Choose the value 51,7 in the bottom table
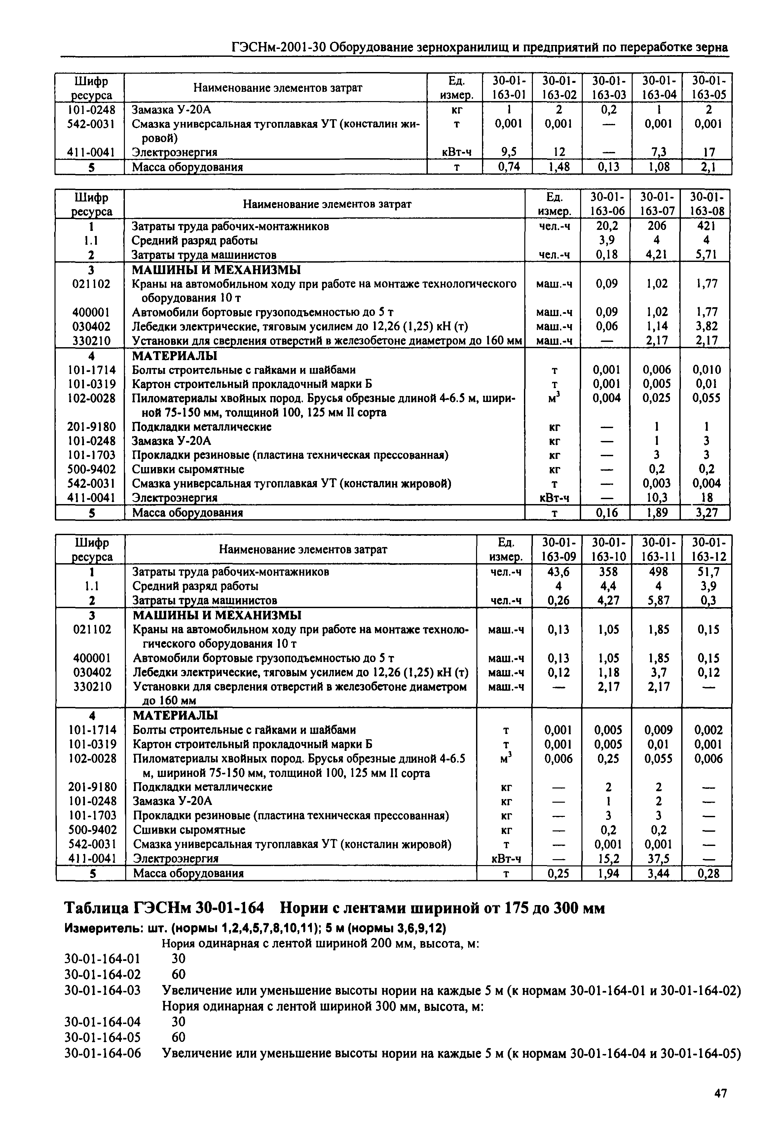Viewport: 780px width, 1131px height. pyautogui.click(x=706, y=571)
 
